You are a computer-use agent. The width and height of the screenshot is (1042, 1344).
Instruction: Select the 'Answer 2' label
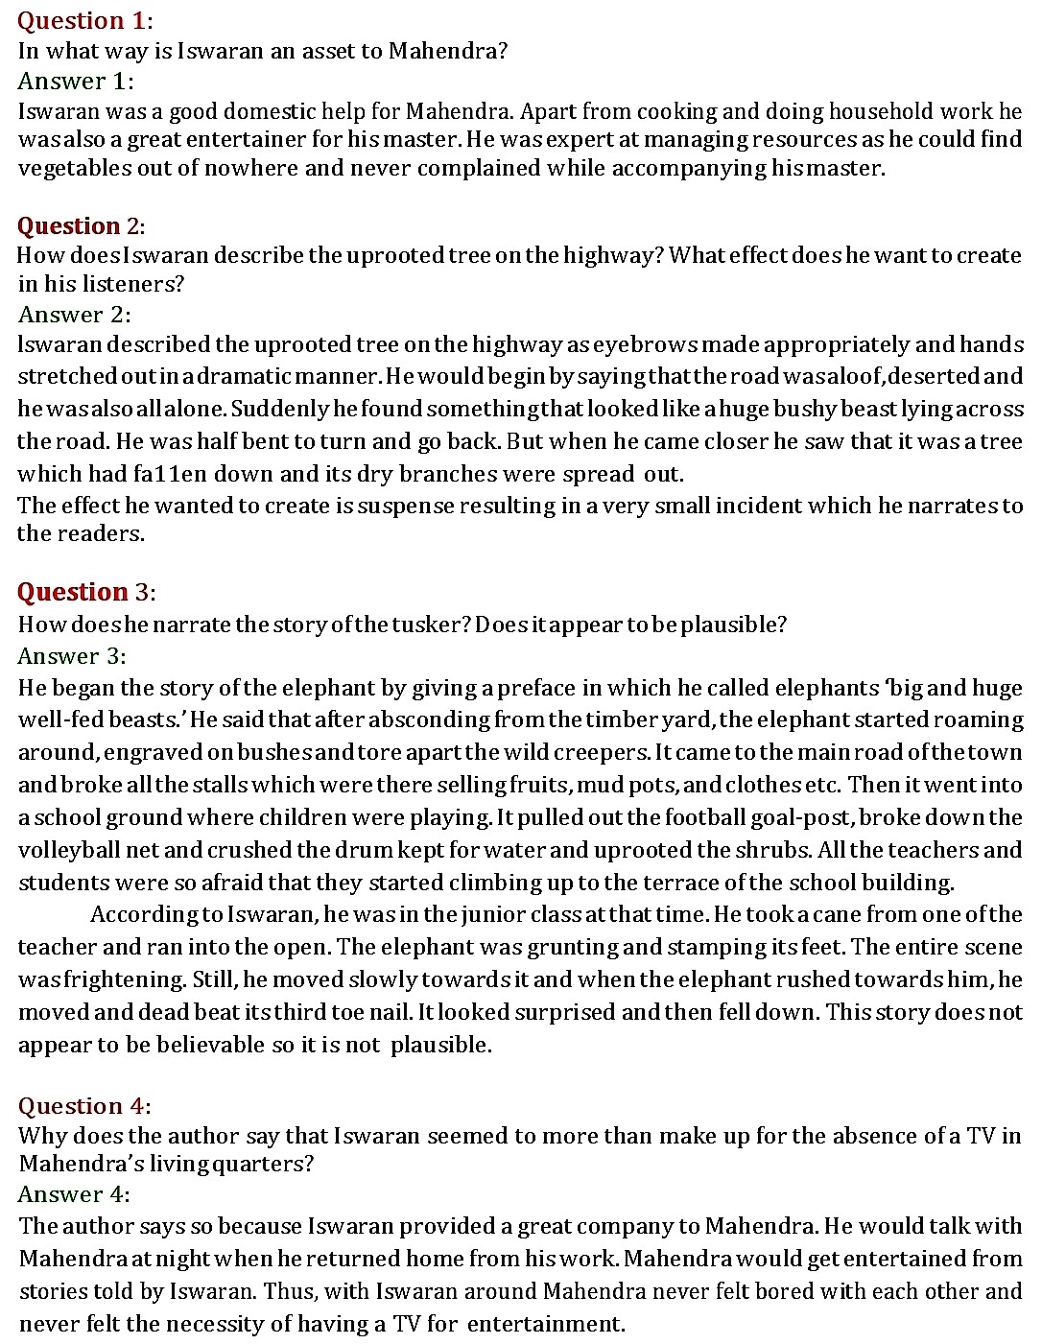pyautogui.click(x=74, y=315)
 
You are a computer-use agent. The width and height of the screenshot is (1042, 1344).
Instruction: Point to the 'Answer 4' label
pyautogui.click(x=73, y=1194)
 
